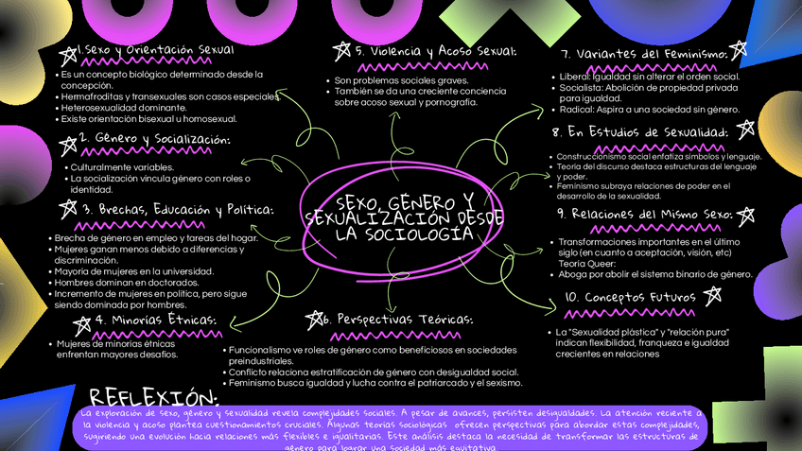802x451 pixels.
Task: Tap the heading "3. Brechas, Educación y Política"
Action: click(x=177, y=209)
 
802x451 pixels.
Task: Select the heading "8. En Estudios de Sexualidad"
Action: click(x=639, y=131)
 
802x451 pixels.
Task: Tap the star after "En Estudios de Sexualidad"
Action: click(x=745, y=130)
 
